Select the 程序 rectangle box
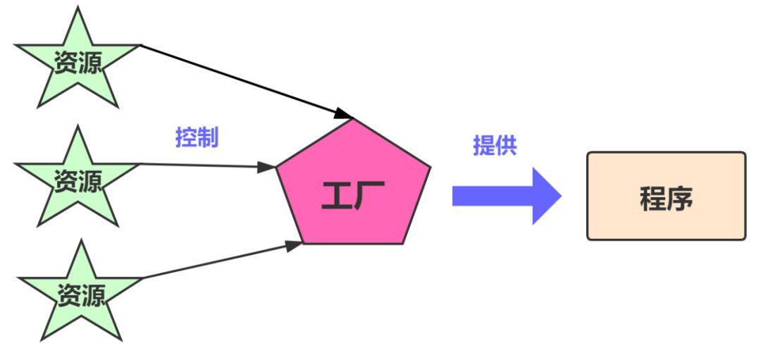coord(666,196)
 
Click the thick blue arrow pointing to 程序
coord(493,196)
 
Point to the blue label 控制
coord(197,137)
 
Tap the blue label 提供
coord(495,145)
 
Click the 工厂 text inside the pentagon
coord(352,195)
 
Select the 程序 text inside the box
coord(666,198)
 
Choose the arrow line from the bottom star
coord(211,262)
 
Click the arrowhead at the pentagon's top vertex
coord(344,113)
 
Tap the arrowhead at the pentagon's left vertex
coord(266,168)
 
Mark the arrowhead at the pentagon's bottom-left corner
coord(294,245)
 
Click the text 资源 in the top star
coord(78,63)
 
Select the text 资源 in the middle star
coord(78,180)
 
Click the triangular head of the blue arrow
coord(547,196)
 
